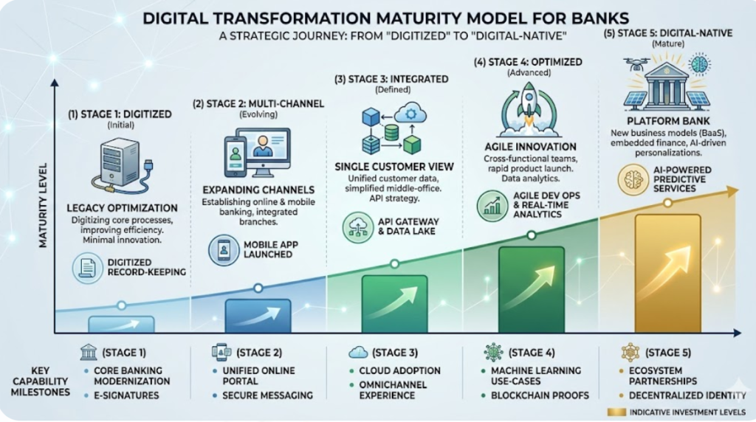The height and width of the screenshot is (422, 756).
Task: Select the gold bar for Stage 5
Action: click(x=667, y=274)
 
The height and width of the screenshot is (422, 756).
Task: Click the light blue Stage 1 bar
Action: click(x=122, y=324)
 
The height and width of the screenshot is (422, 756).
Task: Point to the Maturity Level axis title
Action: click(x=44, y=205)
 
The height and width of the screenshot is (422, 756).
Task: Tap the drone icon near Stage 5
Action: click(x=636, y=64)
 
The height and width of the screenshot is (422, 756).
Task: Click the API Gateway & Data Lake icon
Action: click(x=358, y=227)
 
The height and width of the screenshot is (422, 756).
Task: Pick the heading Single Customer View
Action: click(x=394, y=167)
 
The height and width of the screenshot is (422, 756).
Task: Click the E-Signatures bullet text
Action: click(x=126, y=395)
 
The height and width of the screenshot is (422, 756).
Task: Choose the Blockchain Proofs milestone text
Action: click(x=540, y=395)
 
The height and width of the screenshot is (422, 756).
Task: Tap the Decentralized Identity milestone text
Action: click(x=687, y=395)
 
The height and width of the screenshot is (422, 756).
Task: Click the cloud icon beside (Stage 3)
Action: click(x=358, y=353)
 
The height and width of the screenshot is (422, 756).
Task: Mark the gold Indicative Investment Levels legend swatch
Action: click(x=616, y=412)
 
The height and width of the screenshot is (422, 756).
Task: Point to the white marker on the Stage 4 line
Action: click(x=532, y=235)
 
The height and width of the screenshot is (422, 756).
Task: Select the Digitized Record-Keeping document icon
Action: click(x=87, y=268)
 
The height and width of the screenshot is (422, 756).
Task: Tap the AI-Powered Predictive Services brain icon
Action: click(x=633, y=180)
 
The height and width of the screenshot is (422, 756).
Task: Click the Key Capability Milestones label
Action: click(x=41, y=381)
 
